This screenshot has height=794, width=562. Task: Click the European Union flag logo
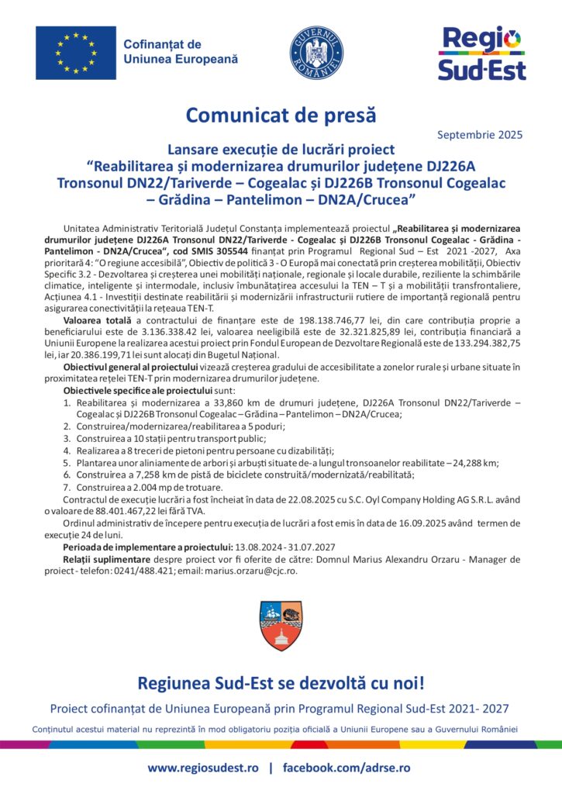(x=75, y=53)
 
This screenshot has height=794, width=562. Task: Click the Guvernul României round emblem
(x=317, y=52)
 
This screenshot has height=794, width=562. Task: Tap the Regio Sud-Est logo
(x=481, y=53)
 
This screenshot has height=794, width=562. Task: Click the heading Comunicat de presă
(x=281, y=115)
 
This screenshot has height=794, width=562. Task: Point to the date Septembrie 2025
(x=480, y=135)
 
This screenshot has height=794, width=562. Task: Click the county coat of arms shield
(x=281, y=626)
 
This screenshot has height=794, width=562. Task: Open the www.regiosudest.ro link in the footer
(x=203, y=768)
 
